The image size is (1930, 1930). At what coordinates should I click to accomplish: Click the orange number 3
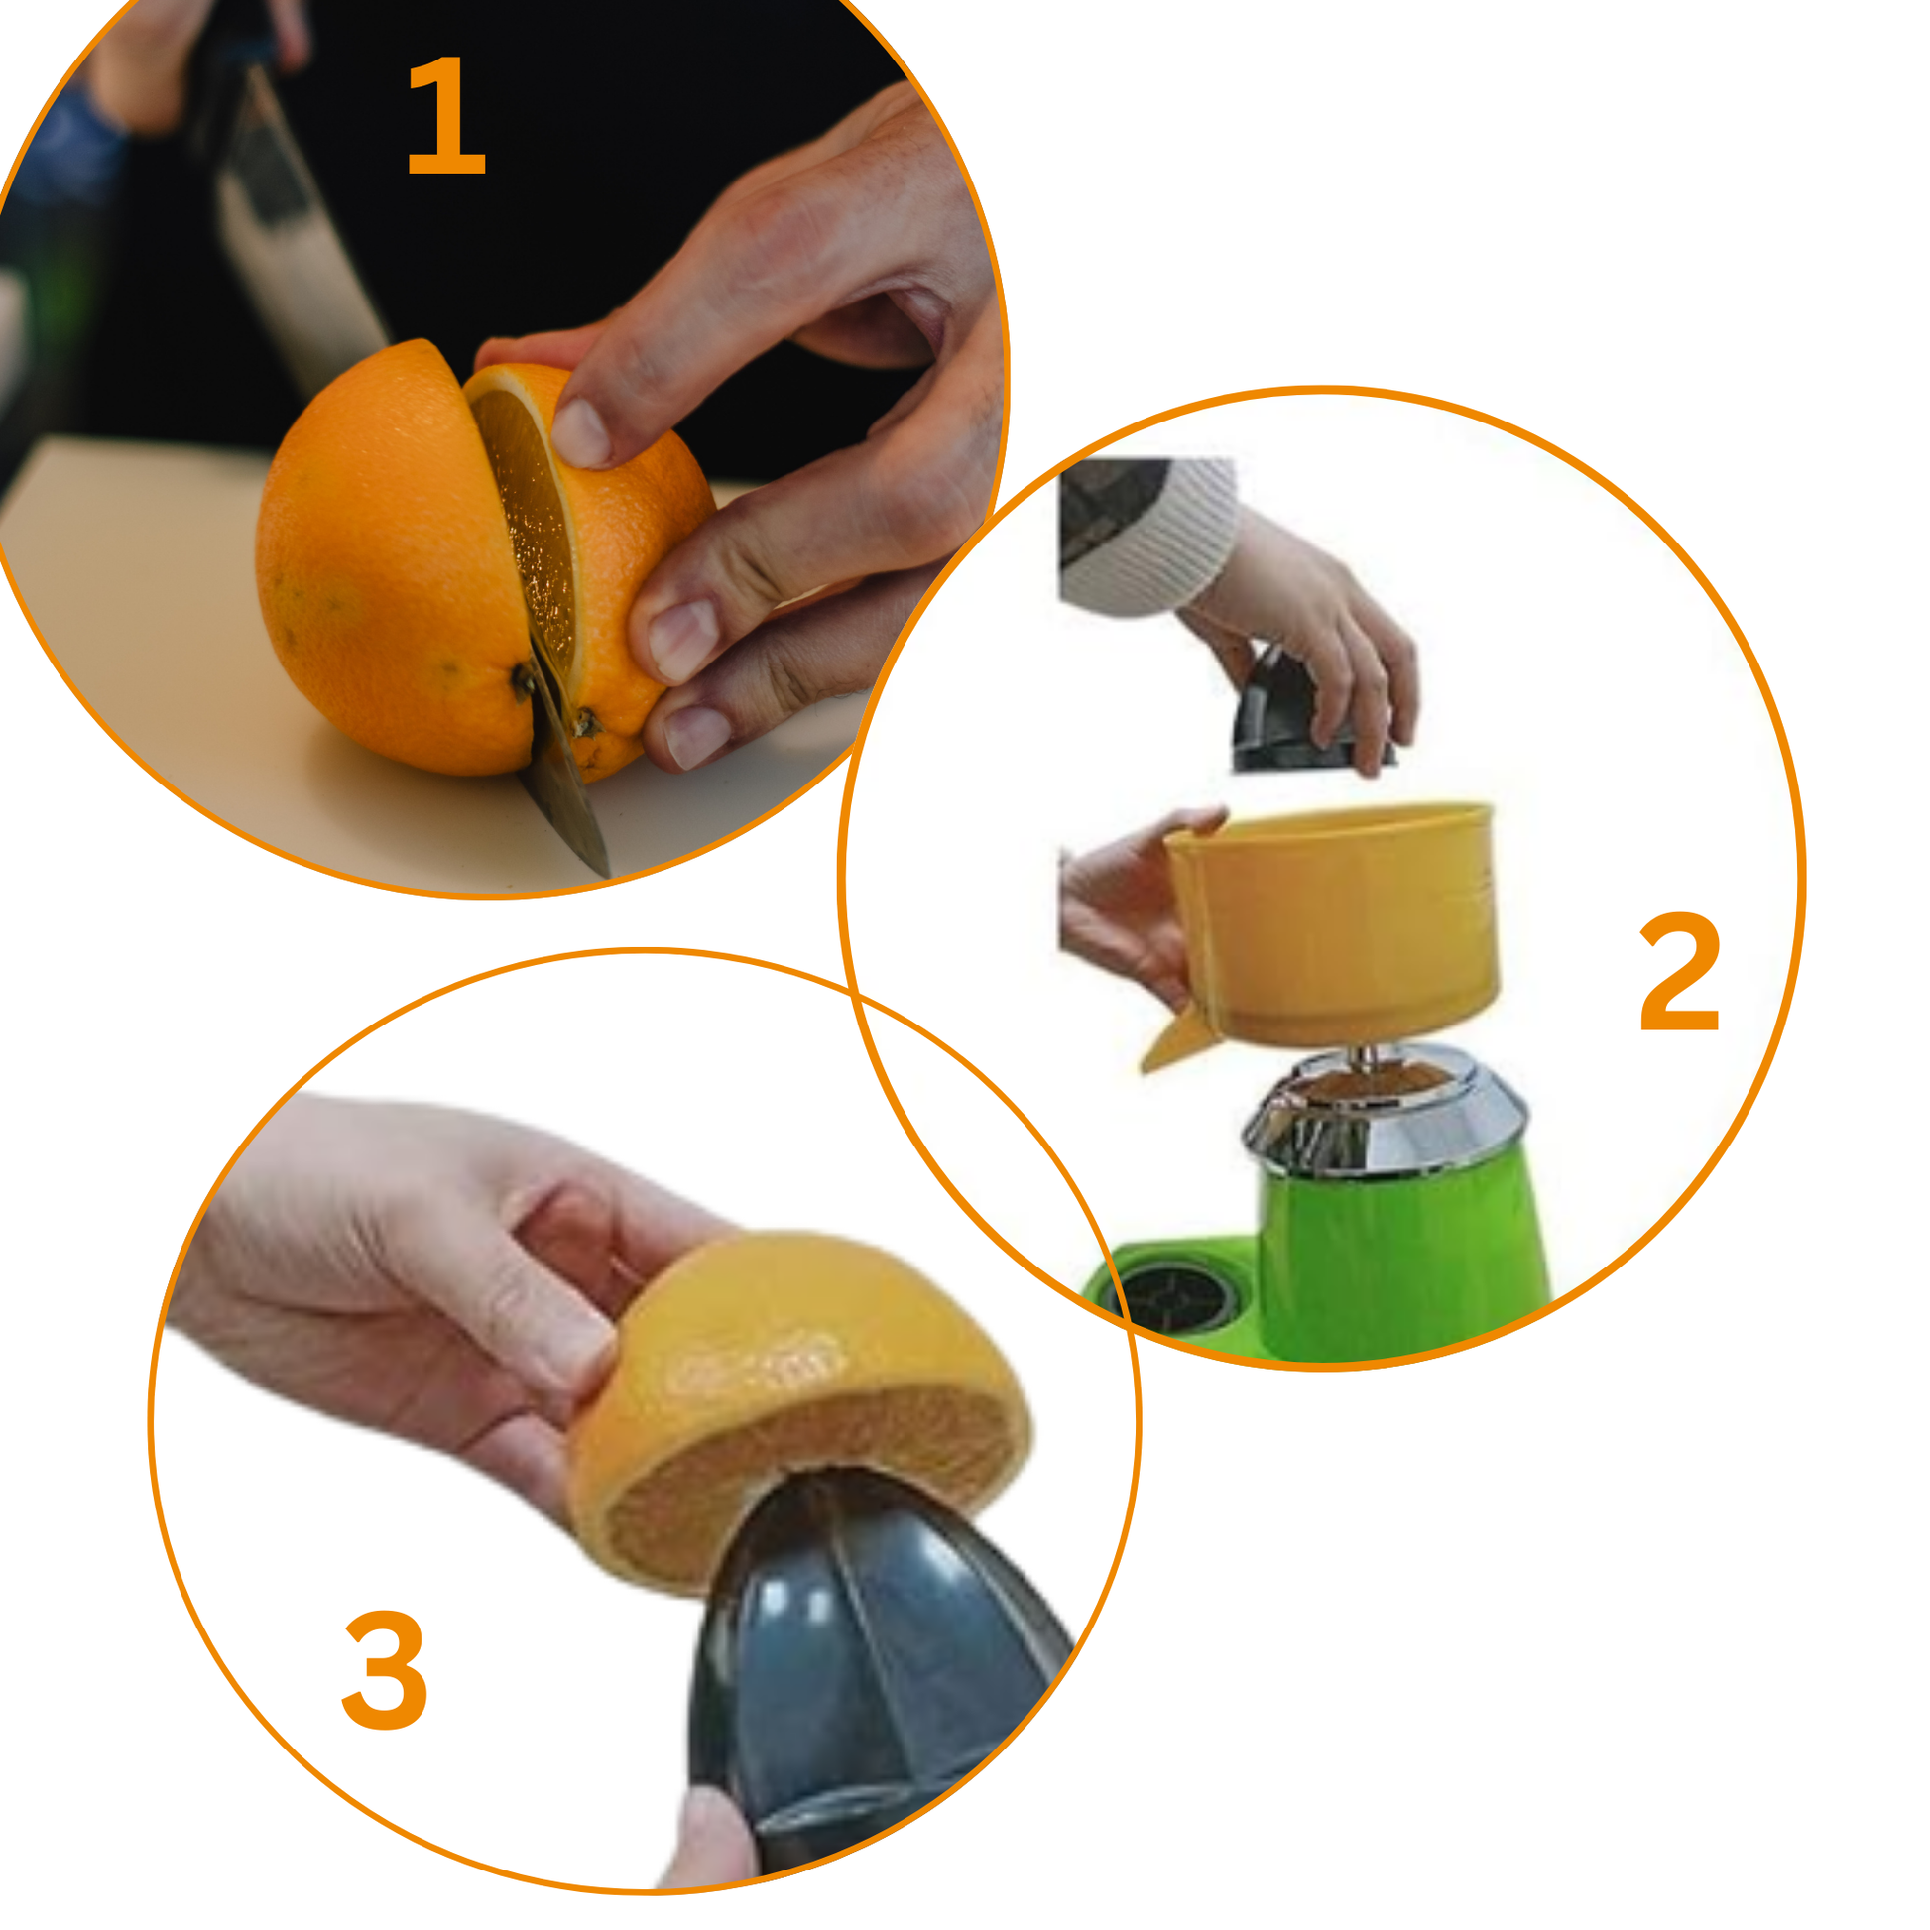(x=385, y=1669)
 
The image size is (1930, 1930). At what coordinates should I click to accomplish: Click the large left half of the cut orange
(x=395, y=559)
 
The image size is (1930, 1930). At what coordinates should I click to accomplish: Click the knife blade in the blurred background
(x=300, y=230)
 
